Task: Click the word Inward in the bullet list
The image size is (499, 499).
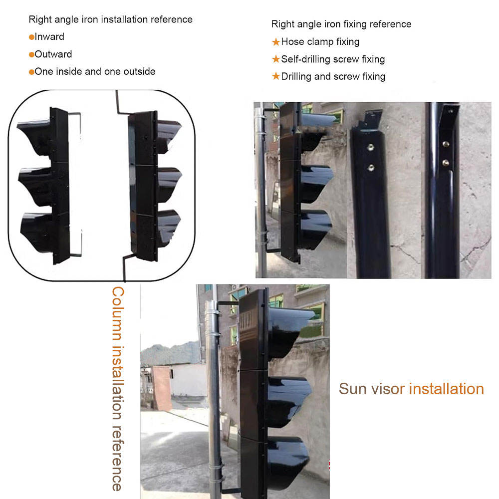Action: pos(49,36)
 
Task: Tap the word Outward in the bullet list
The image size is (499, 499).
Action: pos(53,54)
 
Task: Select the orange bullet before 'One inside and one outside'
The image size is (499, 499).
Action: pos(31,72)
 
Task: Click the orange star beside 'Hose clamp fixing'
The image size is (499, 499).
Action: pos(275,42)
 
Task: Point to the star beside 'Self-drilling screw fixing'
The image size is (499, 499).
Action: pos(275,59)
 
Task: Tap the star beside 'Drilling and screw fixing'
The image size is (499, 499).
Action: pos(275,76)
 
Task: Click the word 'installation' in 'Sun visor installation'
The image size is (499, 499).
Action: pos(446,389)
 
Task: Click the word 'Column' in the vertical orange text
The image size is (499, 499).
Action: pos(118,313)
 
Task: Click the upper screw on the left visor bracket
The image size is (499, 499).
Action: pos(371,147)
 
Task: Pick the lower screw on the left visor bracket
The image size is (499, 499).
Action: pos(371,167)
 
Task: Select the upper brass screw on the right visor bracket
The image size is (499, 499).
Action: pos(446,144)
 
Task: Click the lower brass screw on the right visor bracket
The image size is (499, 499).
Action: pos(446,163)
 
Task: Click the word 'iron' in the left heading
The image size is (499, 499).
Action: pos(90,19)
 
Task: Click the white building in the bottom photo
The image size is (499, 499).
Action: pos(188,380)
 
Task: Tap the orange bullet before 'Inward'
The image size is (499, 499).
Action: pos(31,37)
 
